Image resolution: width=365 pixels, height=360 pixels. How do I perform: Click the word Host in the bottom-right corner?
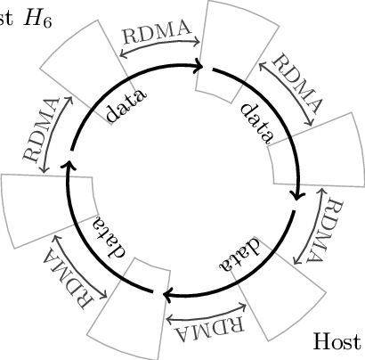pyautogui.click(x=338, y=342)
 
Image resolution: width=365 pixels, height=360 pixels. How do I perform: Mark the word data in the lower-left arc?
pyautogui.click(x=109, y=239)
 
